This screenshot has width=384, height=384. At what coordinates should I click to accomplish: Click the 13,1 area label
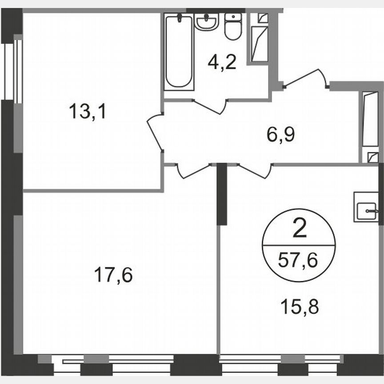pos(88,111)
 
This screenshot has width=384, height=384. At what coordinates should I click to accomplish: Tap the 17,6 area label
pos(113,275)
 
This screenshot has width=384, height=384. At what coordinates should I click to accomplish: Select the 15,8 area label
pos(300,306)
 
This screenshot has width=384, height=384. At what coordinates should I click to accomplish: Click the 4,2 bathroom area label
pos(222,63)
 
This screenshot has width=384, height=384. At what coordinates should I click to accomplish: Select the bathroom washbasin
pos(206,21)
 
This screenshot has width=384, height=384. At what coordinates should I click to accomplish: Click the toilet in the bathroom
pos(233,26)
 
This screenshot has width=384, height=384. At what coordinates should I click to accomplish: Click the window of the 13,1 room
pos(18,71)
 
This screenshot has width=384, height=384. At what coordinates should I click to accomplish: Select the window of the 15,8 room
pos(284,360)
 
